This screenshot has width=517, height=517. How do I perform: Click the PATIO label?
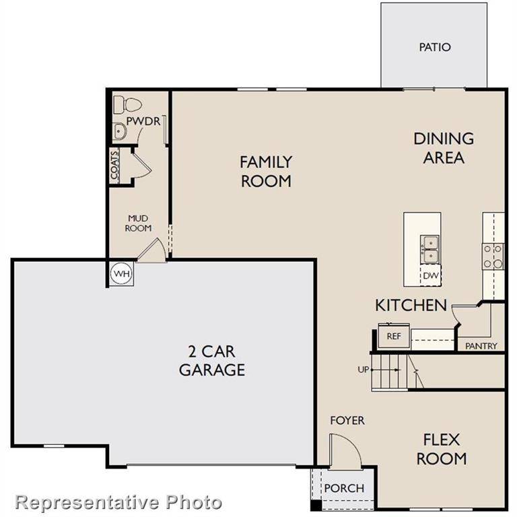(x=434, y=47)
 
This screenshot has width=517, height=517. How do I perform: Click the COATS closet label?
(x=115, y=166)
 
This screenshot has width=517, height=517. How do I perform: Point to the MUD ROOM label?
(x=139, y=223)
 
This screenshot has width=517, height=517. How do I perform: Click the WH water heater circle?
(x=121, y=273)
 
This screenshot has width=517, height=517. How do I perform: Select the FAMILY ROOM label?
(x=266, y=171)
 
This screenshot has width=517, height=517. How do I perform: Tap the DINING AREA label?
(x=443, y=148)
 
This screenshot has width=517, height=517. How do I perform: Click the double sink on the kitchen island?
(x=429, y=249)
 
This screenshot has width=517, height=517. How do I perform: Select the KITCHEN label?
(x=411, y=305)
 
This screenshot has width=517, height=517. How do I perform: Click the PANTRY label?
(x=481, y=346)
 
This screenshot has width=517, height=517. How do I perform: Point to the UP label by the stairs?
(x=364, y=370)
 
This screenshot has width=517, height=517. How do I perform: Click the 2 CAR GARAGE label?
(x=211, y=360)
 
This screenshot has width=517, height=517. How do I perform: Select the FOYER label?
(x=347, y=420)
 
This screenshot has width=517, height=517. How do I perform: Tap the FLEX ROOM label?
(x=441, y=450)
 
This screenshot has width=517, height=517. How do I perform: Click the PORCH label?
(x=344, y=488)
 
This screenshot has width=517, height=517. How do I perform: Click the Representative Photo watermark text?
(x=118, y=502)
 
